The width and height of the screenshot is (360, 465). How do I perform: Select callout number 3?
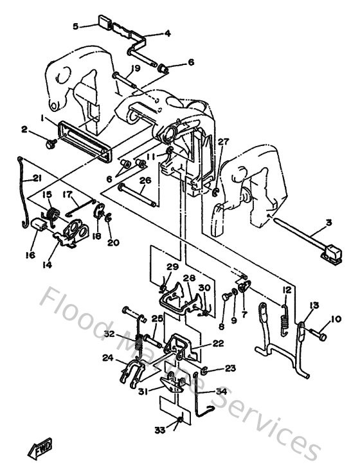pos(329,223)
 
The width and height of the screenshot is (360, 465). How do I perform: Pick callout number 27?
pos(222,141)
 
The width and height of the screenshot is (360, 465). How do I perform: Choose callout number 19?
pos(136,68)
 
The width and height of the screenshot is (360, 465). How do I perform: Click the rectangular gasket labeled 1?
pos(84,136)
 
